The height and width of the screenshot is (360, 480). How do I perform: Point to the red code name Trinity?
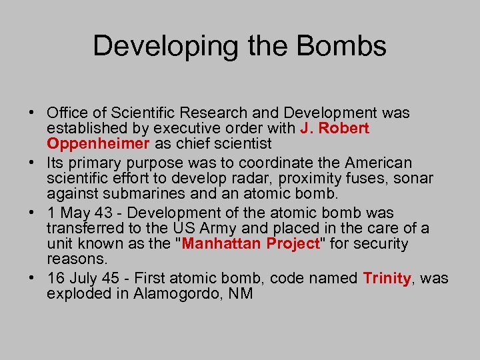[x=387, y=278]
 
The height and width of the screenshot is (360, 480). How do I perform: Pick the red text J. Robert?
[x=335, y=128]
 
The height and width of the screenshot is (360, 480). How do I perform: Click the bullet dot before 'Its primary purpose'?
[x=34, y=163]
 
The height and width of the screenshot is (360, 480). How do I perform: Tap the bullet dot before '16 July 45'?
[x=34, y=278]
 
